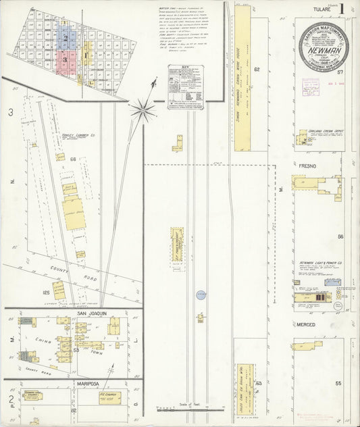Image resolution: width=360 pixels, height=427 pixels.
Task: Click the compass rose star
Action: pos(143,106)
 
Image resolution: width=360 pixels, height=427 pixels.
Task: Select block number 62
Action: pos(257,70)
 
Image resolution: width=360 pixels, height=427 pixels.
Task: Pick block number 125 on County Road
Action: pos(46,293)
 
